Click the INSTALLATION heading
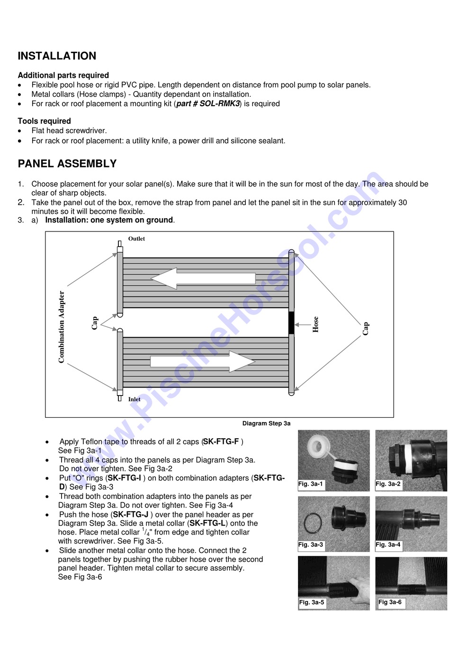(x=57, y=56)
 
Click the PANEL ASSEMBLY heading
(x=67, y=164)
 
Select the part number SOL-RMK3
(x=208, y=104)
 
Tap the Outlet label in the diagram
(x=136, y=239)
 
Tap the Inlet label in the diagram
(x=134, y=399)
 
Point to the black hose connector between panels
(x=291, y=322)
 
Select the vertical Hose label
(x=315, y=324)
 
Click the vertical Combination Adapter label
(x=62, y=327)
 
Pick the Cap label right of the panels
(x=366, y=328)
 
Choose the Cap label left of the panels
(x=95, y=323)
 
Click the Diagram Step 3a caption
(x=266, y=424)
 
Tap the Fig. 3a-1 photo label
(x=311, y=484)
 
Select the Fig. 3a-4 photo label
(x=388, y=545)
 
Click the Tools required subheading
(x=44, y=121)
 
